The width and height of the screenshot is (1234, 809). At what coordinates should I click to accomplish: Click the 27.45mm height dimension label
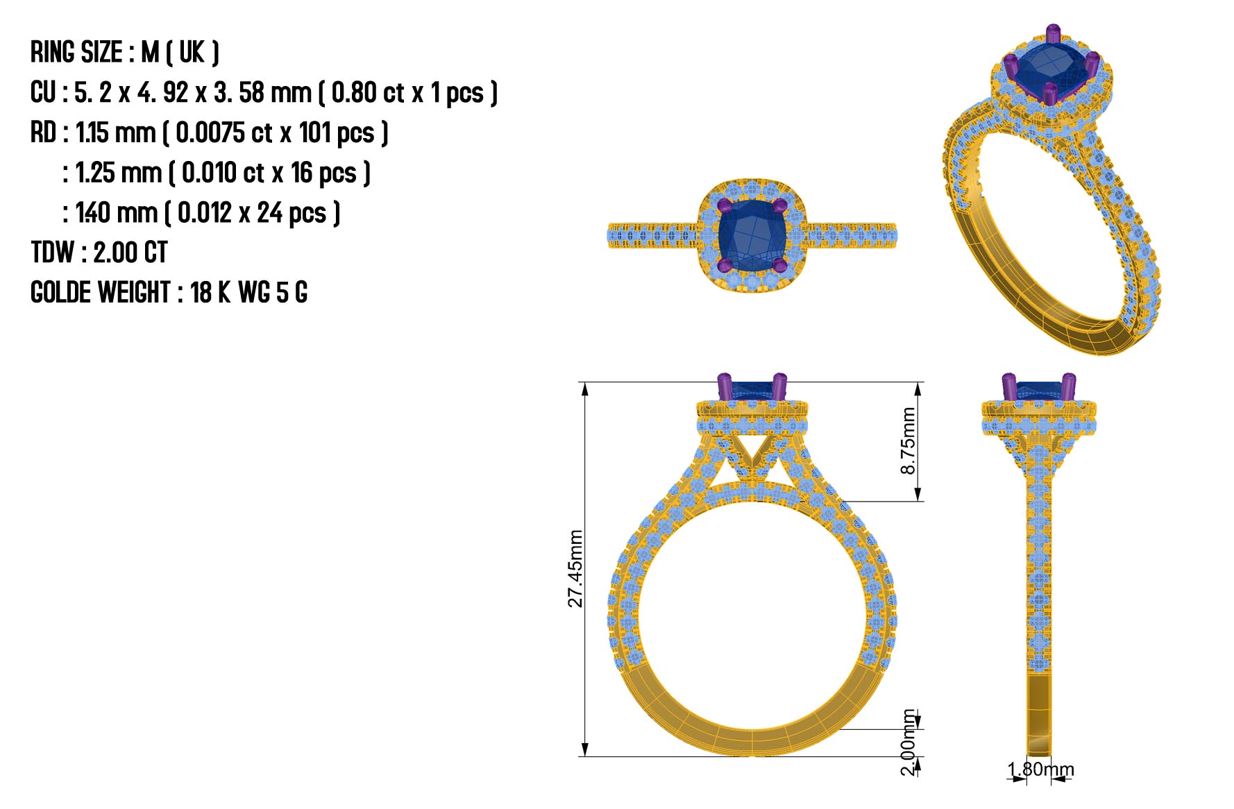click(575, 569)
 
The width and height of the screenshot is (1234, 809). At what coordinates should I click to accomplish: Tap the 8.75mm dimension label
click(908, 441)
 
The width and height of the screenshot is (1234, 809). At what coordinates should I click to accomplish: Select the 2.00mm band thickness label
click(908, 742)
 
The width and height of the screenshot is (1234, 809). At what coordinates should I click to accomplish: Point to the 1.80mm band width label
click(1040, 769)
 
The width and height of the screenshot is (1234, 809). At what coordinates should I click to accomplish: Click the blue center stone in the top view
click(749, 235)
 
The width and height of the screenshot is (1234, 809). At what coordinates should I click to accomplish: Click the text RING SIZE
click(77, 52)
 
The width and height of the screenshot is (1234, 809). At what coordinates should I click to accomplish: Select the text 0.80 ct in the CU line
click(367, 92)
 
